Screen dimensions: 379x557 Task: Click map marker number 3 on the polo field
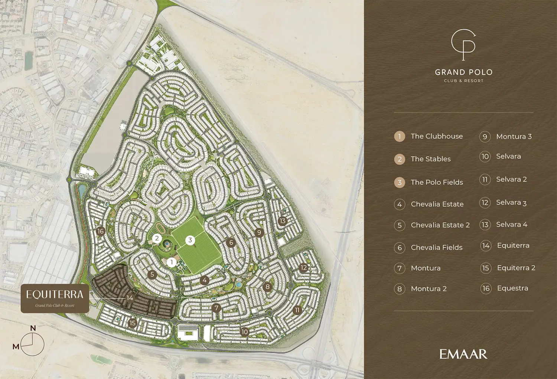[190, 240]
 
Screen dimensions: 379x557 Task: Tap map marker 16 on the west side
[100, 231]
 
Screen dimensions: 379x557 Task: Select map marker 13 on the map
[283, 221]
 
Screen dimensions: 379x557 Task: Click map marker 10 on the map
[244, 332]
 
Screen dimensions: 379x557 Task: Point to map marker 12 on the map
[304, 268]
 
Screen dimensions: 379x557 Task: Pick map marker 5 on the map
[152, 275]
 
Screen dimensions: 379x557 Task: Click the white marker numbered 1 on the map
[171, 262]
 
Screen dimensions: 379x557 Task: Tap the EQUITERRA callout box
[55, 298]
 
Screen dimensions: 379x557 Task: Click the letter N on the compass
[33, 328]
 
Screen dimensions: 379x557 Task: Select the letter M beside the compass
[16, 347]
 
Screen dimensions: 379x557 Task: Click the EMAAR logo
[463, 354]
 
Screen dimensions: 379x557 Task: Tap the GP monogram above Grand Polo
[463, 44]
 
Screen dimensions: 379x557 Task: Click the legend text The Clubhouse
[437, 136]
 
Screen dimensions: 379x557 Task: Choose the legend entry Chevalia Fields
[437, 248]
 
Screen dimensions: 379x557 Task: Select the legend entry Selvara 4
[512, 225]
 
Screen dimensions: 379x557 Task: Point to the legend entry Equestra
[512, 288]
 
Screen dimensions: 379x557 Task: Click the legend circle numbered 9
[485, 137]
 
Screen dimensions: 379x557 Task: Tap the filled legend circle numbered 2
[400, 159]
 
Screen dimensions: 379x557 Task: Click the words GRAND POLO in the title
[464, 72]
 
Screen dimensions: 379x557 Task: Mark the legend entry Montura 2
[429, 289]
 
